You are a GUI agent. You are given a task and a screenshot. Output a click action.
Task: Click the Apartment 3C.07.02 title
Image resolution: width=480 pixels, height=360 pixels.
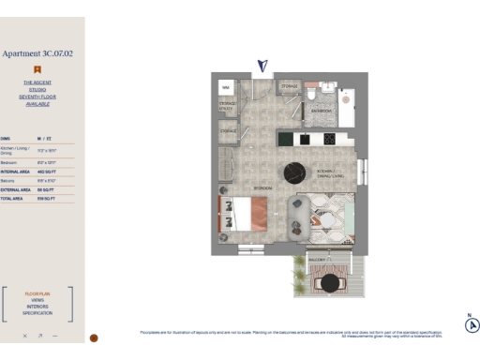tap(37, 54)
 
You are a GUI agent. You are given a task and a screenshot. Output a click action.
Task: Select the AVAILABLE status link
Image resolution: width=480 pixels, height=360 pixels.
tap(37, 104)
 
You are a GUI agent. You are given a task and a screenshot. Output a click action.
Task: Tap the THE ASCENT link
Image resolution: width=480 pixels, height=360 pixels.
tap(37, 82)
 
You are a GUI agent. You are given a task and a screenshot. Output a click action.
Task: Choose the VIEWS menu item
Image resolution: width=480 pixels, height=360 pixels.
tap(37, 300)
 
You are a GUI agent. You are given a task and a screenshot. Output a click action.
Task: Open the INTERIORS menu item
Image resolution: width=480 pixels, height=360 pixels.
tap(37, 307)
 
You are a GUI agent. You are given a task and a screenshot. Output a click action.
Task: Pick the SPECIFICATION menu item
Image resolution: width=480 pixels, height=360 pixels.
tap(37, 313)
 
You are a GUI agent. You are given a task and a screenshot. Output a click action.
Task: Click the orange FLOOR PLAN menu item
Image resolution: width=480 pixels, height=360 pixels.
tap(37, 293)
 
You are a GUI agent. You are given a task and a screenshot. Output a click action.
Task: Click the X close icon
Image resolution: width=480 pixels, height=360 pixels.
tap(25, 335)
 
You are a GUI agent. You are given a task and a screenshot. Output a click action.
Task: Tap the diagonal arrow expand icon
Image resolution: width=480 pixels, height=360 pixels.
tap(40, 335)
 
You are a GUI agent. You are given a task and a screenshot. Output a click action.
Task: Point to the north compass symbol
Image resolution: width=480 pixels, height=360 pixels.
tap(472, 325)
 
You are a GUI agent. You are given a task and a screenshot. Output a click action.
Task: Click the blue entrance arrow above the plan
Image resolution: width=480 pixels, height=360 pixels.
tap(262, 65)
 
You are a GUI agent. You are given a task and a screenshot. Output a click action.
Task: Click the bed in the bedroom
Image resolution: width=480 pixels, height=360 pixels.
tap(240, 214)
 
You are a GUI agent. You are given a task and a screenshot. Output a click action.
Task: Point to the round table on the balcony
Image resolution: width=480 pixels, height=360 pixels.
tap(330, 281)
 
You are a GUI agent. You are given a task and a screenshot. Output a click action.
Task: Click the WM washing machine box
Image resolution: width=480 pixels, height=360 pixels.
tap(226, 87)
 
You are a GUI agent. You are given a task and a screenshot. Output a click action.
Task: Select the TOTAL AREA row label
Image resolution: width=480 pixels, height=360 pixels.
tap(12, 199)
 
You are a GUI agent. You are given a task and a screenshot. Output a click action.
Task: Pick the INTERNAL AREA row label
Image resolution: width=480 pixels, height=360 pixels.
tap(16, 172)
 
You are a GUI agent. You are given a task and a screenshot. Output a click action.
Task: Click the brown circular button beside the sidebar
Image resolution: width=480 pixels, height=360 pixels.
tap(94, 337)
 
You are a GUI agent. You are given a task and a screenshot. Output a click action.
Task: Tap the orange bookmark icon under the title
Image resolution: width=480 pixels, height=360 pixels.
tap(37, 68)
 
